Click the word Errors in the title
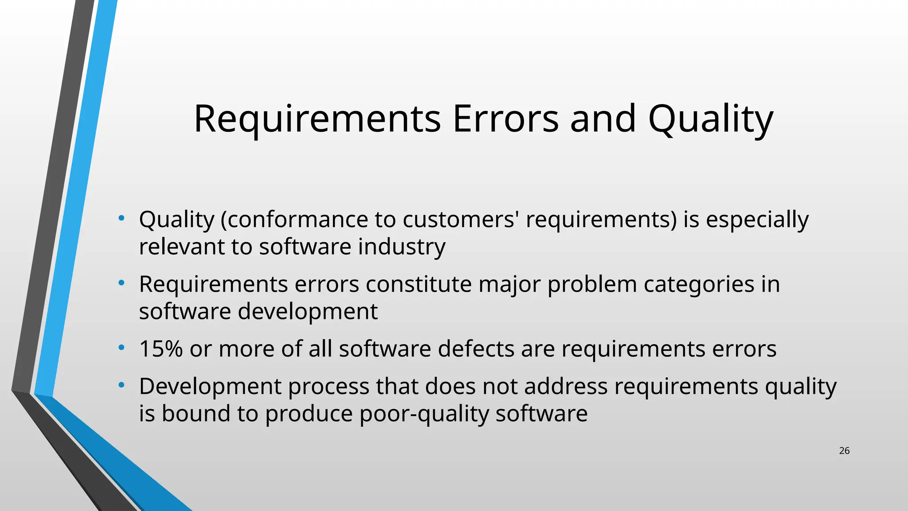click(x=505, y=118)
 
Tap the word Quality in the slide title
click(x=710, y=118)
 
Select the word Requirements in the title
click(x=317, y=118)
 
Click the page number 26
click(x=844, y=451)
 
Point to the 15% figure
click(x=160, y=349)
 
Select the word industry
click(x=402, y=247)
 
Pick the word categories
click(x=699, y=284)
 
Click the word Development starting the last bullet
click(x=210, y=386)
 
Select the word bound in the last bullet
click(x=196, y=414)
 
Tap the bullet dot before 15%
click(x=121, y=348)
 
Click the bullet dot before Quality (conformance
click(x=121, y=218)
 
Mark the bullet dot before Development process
click(x=121, y=385)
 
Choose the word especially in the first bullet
click(x=757, y=220)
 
